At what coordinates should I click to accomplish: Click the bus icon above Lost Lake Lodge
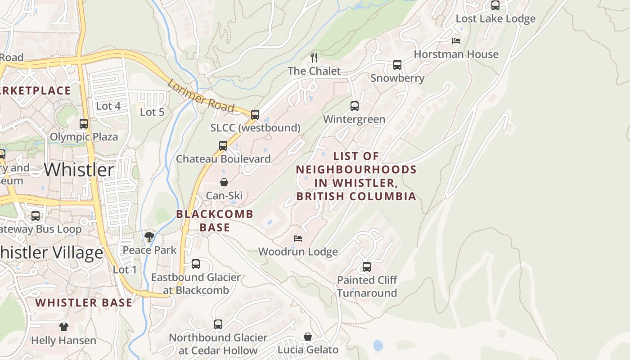[x=495, y=5]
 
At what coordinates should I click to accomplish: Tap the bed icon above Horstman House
[x=456, y=41]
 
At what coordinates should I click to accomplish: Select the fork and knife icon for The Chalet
[x=315, y=58]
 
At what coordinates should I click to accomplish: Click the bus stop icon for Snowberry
[x=397, y=65]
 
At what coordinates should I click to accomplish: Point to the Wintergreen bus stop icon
[x=355, y=106]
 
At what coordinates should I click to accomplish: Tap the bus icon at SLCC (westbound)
[x=255, y=114]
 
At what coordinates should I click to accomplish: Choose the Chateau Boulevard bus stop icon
[x=223, y=146]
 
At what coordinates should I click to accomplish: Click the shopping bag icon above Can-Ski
[x=224, y=182]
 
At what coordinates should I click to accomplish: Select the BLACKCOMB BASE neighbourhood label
[x=215, y=220]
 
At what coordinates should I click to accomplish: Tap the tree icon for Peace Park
[x=149, y=237]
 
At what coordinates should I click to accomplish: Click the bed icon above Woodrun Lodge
[x=298, y=238]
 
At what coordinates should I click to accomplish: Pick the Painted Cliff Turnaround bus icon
[x=367, y=267]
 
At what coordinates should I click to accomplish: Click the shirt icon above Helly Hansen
[x=63, y=327]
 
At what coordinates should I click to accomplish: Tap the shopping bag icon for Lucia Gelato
[x=308, y=337]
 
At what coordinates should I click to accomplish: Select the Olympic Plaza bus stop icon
[x=84, y=124]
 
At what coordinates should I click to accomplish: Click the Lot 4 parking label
[x=108, y=106]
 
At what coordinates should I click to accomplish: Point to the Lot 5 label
[x=152, y=112]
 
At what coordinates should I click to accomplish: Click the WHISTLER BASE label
[x=84, y=303]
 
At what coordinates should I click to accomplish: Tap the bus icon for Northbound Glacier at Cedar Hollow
[x=218, y=324]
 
